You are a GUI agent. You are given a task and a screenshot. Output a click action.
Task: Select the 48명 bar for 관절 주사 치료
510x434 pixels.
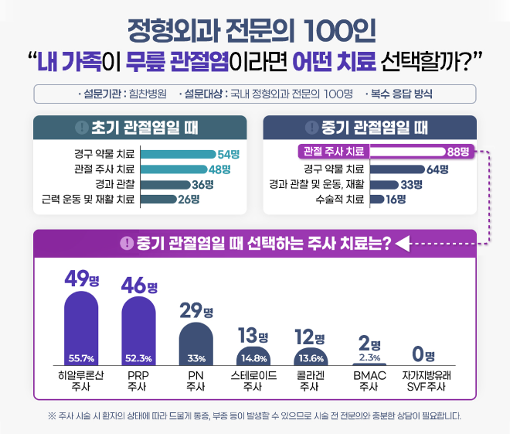173,169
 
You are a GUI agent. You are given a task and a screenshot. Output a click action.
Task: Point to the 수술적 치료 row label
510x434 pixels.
343,199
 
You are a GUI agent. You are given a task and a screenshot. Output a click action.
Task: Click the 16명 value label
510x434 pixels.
396,199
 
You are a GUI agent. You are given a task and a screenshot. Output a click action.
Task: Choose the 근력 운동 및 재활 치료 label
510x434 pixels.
88,199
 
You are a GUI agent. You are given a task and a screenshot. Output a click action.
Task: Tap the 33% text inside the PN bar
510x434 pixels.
196,358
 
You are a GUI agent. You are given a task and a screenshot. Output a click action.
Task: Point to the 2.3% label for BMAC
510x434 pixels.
369,357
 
